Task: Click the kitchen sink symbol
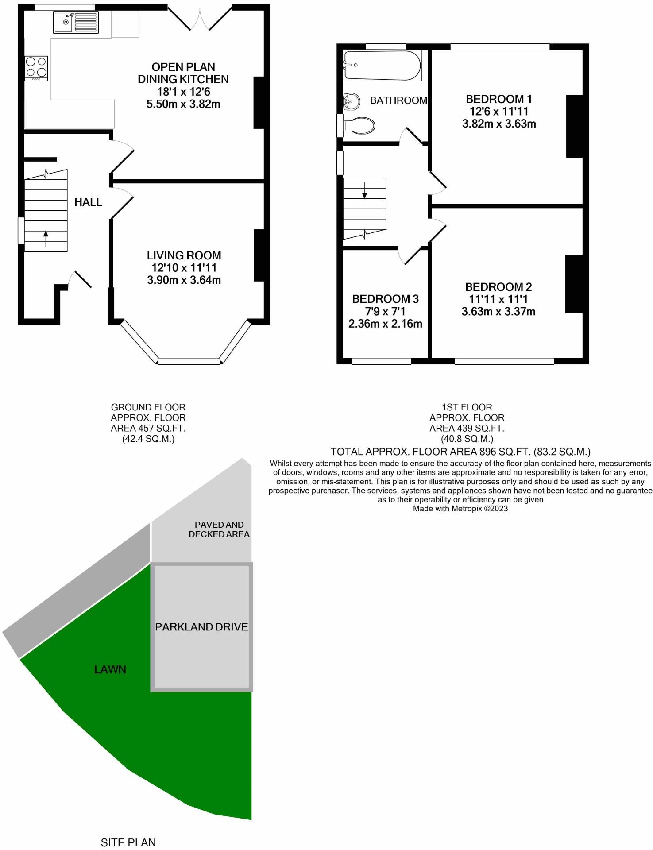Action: pos(76,22)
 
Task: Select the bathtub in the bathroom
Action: pos(382,66)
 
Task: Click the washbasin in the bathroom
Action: pos(352,101)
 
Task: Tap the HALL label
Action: pos(88,202)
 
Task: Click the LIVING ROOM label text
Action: pos(184,255)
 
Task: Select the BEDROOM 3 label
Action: pos(385,299)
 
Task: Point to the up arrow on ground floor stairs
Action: pos(46,239)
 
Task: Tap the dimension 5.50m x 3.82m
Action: pos(183,104)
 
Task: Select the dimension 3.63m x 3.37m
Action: pos(498,312)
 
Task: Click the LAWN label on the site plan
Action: pos(110,669)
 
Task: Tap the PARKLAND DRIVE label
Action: pos(201,627)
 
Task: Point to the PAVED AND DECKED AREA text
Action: pos(219,529)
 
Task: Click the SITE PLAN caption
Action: pos(128,842)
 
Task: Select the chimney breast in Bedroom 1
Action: pos(574,126)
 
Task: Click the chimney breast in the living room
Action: pos(259,255)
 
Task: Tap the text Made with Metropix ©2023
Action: pos(460,509)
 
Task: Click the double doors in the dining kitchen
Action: pos(200,20)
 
